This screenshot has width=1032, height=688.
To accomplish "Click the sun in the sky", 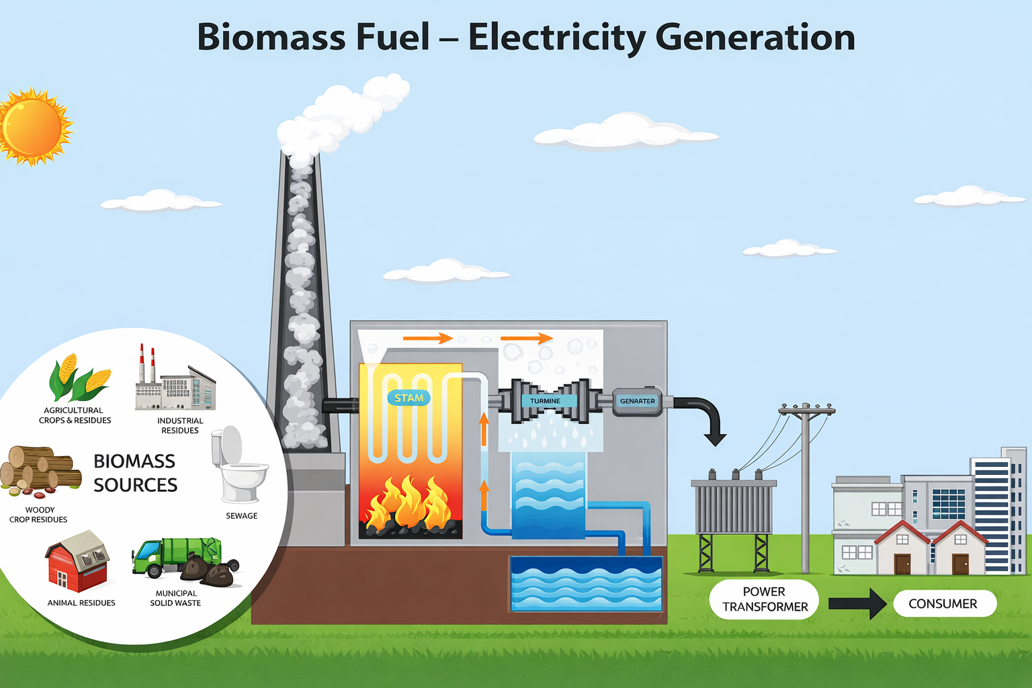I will (x=32, y=126).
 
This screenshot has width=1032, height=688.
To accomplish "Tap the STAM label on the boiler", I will (x=408, y=398).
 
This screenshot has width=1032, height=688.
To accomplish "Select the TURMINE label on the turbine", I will (x=546, y=401).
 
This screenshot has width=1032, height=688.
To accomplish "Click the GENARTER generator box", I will (x=637, y=401).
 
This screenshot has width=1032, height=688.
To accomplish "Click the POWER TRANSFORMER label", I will (x=765, y=599).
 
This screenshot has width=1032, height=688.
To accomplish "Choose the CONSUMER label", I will (x=943, y=604).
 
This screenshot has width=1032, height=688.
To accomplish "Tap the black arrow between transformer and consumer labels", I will (x=858, y=603).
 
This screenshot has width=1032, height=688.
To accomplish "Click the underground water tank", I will (x=587, y=583).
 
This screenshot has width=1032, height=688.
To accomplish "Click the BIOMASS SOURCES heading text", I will (x=135, y=473).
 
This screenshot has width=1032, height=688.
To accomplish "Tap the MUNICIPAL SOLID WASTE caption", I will (x=176, y=598).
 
